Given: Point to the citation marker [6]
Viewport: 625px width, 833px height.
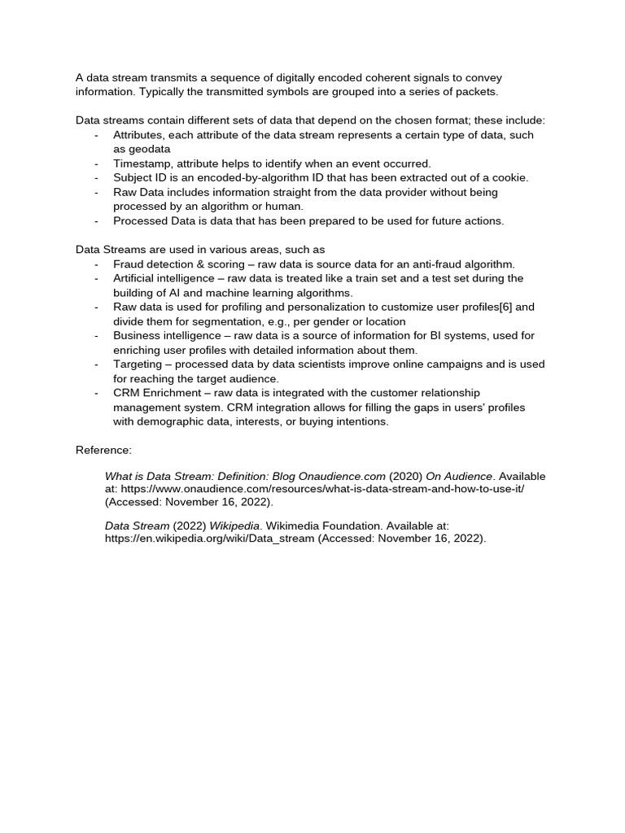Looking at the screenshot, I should click(504, 307).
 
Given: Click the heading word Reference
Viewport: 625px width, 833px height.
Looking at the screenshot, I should click(102, 450).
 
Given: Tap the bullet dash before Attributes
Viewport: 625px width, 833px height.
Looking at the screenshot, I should click(97, 135).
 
